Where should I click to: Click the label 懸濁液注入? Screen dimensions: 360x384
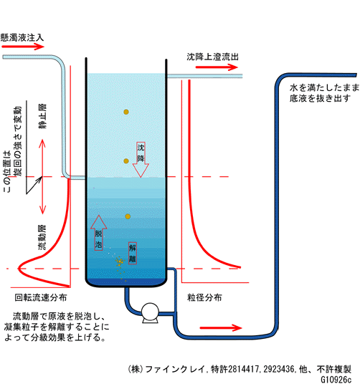coord(22,37)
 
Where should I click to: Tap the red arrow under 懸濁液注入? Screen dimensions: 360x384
coord(22,47)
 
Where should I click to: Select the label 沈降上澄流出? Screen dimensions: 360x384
coord(212,57)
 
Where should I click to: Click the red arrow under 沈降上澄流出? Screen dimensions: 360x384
coord(217,67)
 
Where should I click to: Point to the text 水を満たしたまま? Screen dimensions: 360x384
coord(324,87)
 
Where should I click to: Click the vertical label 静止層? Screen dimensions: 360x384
coord(42,116)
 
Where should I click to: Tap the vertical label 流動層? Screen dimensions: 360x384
coord(42,237)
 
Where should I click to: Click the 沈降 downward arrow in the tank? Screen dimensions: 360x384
coord(141,159)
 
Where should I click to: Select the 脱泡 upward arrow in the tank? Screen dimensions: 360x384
coord(98,233)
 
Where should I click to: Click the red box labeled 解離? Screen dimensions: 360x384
coord(133,253)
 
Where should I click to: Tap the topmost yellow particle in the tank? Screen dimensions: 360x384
coord(126,112)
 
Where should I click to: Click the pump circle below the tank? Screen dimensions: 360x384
coord(150,312)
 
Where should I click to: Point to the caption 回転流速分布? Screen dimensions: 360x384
coord(41,297)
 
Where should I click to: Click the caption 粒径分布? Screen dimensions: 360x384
coord(204,297)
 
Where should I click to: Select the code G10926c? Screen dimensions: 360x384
coord(336,380)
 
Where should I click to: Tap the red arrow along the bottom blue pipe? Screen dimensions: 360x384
coord(221,327)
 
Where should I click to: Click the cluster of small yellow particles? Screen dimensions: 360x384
coord(119,261)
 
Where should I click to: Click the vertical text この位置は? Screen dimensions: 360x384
coord(7,171)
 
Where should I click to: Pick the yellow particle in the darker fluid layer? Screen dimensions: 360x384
coord(128,216)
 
